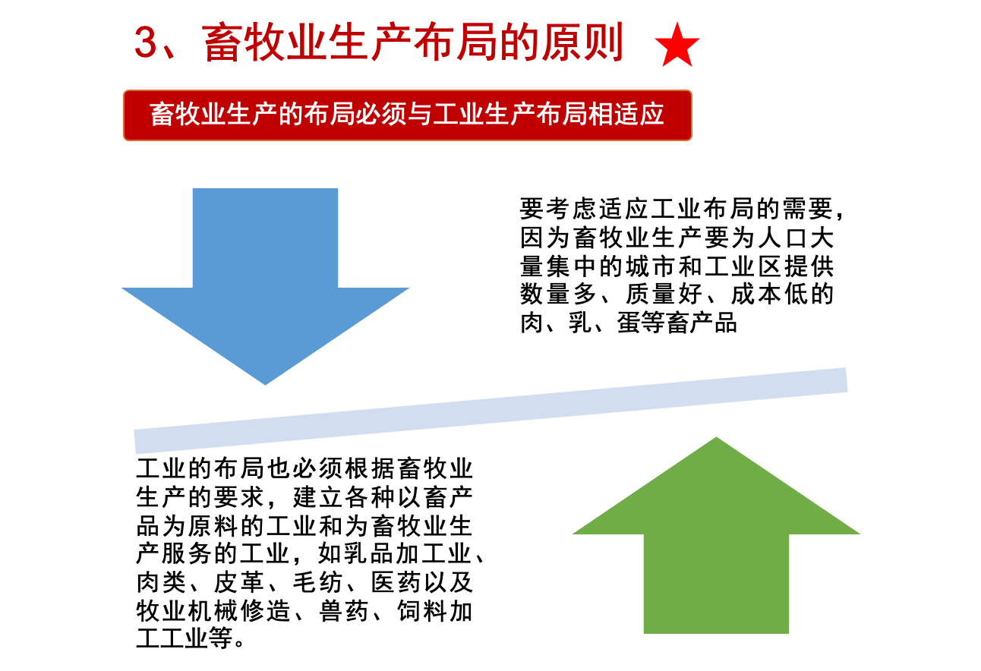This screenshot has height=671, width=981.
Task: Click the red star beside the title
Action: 677,46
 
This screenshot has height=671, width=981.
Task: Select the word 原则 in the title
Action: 582,44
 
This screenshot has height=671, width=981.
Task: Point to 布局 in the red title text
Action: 456,44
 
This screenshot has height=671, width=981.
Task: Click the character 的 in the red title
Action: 519,44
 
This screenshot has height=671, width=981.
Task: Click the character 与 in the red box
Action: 419,115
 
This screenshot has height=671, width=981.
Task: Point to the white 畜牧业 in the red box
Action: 188,115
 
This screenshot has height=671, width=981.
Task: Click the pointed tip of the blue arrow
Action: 266,383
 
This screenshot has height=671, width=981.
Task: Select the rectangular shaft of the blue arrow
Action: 265,235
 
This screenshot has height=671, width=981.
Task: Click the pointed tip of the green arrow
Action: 716,438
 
